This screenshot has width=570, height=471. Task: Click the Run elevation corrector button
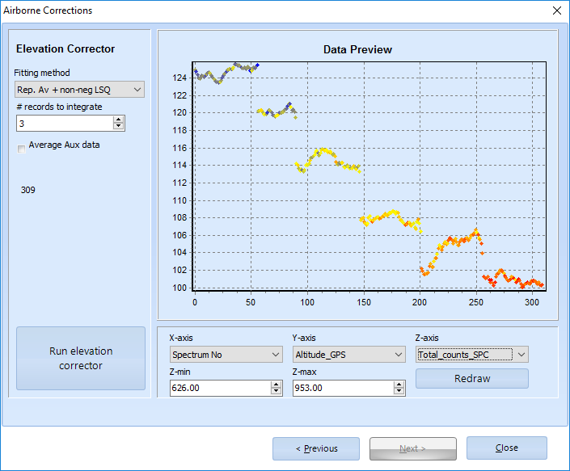coord(81,359)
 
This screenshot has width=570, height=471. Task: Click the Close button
coord(506,448)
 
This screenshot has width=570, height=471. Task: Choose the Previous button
coord(316,448)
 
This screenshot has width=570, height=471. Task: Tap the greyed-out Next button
coord(412,448)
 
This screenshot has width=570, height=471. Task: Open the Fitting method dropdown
coord(79,89)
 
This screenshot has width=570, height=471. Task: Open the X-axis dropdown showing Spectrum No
coord(225,354)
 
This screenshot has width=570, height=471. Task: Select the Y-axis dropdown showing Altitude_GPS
coord(348,354)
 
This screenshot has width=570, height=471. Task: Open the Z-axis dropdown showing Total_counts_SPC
coord(471,354)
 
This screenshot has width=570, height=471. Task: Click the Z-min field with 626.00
coord(219,388)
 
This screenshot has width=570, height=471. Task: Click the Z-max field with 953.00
coord(342,388)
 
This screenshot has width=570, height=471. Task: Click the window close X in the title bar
coord(556,11)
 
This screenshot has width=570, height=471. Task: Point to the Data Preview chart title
coord(357,50)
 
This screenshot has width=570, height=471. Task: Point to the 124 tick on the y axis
coord(179,78)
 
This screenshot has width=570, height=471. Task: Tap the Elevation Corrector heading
coord(65,49)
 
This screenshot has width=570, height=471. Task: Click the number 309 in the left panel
coord(28,191)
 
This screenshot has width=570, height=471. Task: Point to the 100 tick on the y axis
coord(179,288)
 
